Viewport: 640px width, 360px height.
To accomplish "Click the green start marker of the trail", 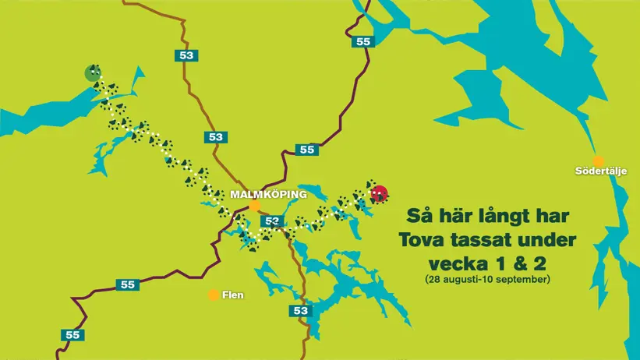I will [x=94, y=74].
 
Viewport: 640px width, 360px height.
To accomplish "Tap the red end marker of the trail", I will [x=380, y=193].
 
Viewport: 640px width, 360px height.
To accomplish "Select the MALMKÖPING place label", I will [x=268, y=194].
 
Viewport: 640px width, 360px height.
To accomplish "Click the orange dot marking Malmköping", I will [x=254, y=206].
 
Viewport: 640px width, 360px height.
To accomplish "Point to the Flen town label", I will [x=234, y=295].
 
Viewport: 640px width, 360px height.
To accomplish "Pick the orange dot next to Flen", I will [x=213, y=295].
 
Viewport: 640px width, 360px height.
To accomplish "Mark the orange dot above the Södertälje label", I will [x=599, y=160].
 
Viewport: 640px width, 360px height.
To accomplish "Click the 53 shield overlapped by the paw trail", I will [x=271, y=221].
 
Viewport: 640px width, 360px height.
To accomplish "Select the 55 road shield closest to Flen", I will [x=127, y=284].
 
